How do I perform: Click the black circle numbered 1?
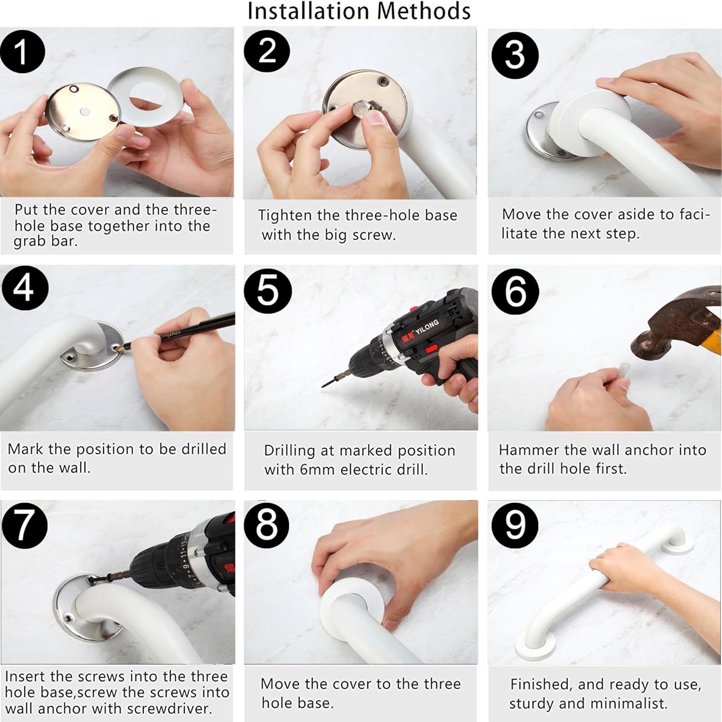point(22,52)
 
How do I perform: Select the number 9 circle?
point(515,525)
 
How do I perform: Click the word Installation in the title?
point(309,11)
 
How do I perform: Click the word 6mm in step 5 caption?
point(316,469)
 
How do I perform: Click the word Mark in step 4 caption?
point(26,449)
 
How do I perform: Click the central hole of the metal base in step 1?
point(84,112)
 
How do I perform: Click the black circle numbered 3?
point(514,55)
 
